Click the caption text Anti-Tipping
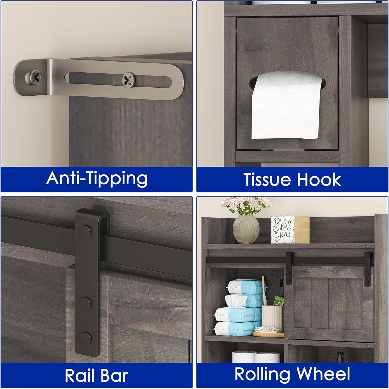tap(97, 178)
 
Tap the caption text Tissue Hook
tap(292, 179)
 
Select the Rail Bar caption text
tap(96, 375)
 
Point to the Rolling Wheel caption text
tap(292, 374)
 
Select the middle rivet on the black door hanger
tap(85, 302)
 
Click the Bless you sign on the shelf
tap(282, 230)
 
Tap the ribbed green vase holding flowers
tap(246, 230)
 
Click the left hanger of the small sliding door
tap(288, 270)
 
